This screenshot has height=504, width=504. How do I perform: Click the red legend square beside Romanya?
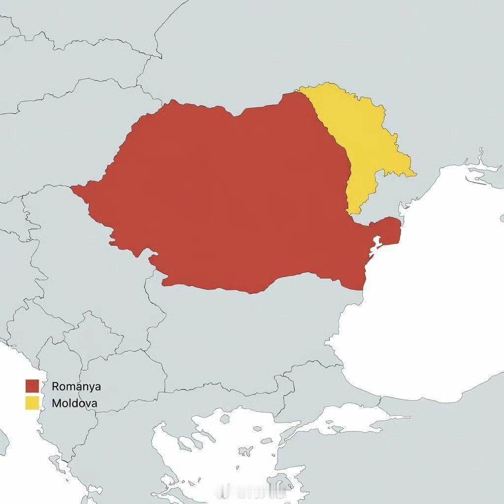coord(32,386)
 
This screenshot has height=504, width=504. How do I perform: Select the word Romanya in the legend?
coord(76,386)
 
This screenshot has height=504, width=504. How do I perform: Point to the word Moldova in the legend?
coord(74,404)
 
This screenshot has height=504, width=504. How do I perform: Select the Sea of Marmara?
coord(345,418)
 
